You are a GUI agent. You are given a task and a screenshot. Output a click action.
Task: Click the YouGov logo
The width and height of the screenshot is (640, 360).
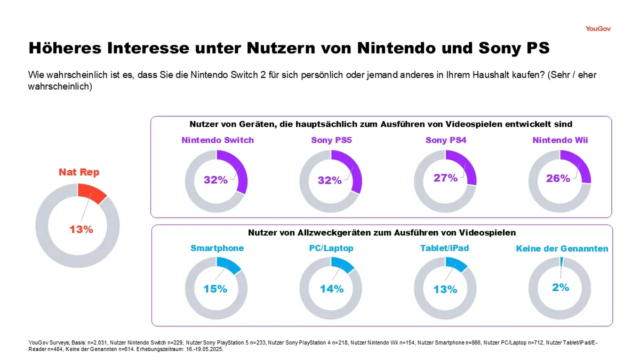click(598, 28)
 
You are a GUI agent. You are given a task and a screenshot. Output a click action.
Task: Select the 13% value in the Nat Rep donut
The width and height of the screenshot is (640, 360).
click(81, 229)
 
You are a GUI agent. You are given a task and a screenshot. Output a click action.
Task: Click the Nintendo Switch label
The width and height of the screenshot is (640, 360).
click(218, 140)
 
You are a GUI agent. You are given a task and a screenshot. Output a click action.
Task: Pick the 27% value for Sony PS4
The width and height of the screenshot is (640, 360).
click(445, 178)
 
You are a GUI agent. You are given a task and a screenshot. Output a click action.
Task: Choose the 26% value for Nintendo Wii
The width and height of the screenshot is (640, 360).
click(558, 178)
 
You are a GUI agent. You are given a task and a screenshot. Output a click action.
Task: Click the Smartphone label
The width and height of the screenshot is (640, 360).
click(217, 248)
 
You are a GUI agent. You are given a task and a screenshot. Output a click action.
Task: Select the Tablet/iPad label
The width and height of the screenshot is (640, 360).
click(445, 248)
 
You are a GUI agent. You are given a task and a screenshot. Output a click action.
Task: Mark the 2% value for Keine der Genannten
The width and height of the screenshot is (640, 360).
click(561, 287)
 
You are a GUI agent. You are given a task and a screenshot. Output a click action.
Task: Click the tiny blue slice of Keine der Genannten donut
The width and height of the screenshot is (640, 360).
click(562, 261)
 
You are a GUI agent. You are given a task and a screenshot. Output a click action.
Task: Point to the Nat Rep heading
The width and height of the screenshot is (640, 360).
click(79, 172)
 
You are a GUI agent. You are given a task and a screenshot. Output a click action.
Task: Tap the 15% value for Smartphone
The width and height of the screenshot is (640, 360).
click(215, 289)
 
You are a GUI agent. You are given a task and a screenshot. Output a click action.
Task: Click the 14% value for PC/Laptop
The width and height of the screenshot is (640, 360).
click(331, 289)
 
